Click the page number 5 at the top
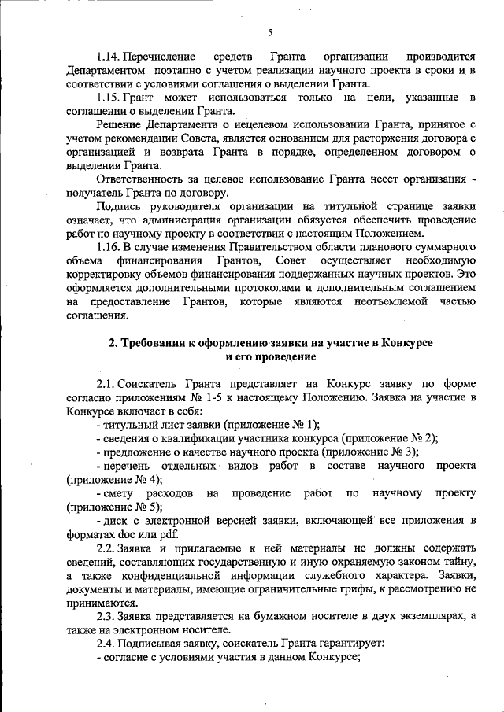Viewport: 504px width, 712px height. tap(269, 32)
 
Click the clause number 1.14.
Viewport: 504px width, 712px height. tap(108, 57)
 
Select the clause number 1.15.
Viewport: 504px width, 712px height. tap(108, 97)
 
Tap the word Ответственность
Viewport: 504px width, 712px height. tap(141, 179)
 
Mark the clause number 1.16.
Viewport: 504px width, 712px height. tap(108, 247)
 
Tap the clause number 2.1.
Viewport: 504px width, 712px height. tap(106, 383)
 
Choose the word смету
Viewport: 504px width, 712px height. tap(118, 493)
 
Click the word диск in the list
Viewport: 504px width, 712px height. tap(114, 521)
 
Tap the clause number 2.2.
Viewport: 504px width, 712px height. tap(106, 548)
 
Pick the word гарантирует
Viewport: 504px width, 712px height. tap(347, 644)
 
